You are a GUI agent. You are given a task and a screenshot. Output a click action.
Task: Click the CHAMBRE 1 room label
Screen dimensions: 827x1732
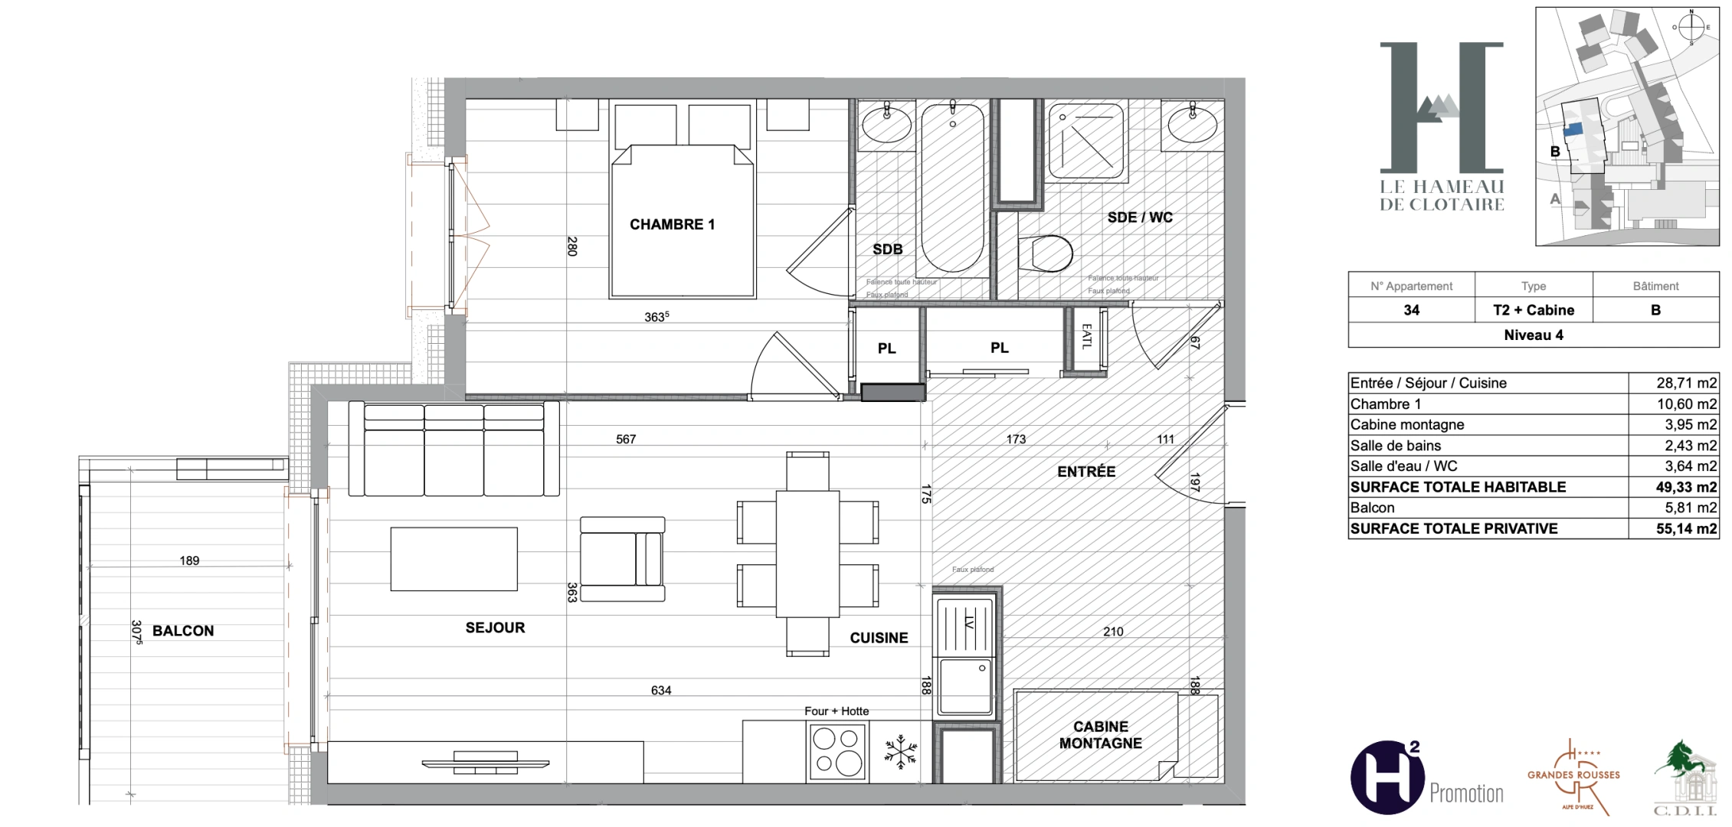point(672,224)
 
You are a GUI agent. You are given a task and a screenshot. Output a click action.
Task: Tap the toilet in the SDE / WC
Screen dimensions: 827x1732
point(1046,253)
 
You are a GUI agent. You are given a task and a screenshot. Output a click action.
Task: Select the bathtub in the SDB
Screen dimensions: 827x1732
point(952,188)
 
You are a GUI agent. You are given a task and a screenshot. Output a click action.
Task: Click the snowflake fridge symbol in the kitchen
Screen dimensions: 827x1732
point(901,752)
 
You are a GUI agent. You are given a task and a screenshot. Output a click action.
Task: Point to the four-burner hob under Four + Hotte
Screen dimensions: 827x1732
point(837,752)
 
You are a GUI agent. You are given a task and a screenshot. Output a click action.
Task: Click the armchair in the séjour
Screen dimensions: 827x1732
point(622,558)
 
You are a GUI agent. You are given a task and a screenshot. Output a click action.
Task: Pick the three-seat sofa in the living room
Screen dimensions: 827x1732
point(454,449)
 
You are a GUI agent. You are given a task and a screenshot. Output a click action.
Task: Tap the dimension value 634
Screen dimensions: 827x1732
point(661,691)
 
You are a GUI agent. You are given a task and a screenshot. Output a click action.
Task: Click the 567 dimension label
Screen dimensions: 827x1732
point(626,440)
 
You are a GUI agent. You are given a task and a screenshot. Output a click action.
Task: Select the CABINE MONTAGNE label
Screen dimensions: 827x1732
point(1100,735)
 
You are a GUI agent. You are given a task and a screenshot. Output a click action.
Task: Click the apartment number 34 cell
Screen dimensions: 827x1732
point(1411,310)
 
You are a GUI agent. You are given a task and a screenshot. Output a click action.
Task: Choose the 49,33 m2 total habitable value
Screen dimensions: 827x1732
point(1685,487)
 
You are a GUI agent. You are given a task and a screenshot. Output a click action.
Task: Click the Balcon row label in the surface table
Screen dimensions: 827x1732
point(1373,508)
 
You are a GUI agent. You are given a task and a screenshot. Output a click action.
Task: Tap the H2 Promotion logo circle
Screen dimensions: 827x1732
point(1387,776)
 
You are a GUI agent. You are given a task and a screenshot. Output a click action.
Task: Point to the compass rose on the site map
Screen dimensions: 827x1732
point(1691,27)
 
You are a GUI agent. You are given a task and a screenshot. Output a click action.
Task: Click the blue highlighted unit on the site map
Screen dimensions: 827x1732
point(1573,130)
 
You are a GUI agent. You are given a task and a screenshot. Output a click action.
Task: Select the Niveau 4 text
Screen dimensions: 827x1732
point(1533,335)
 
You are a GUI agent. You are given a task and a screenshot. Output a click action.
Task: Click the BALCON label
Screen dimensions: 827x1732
point(183,631)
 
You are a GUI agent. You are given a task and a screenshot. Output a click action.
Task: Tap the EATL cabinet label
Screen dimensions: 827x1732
point(1085,337)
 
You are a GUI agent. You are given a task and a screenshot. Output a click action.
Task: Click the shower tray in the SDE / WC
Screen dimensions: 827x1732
point(1087,142)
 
